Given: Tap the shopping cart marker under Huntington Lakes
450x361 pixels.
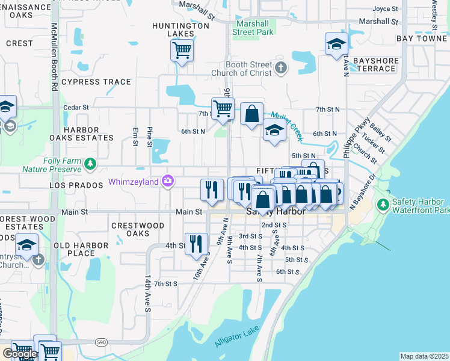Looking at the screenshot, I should coord(182,50).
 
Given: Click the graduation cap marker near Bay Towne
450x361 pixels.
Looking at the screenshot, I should coord(336,44).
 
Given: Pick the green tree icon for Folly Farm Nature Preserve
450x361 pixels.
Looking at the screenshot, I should coord(90,163).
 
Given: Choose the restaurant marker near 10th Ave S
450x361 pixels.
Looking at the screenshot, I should coord(196,244).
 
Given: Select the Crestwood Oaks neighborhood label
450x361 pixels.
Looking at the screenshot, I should coord(138,229).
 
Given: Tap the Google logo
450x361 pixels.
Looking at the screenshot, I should coord(20,353).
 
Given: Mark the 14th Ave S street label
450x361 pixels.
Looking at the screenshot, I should coord(147,294).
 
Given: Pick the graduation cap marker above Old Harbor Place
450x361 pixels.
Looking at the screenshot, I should coord(27,245).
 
